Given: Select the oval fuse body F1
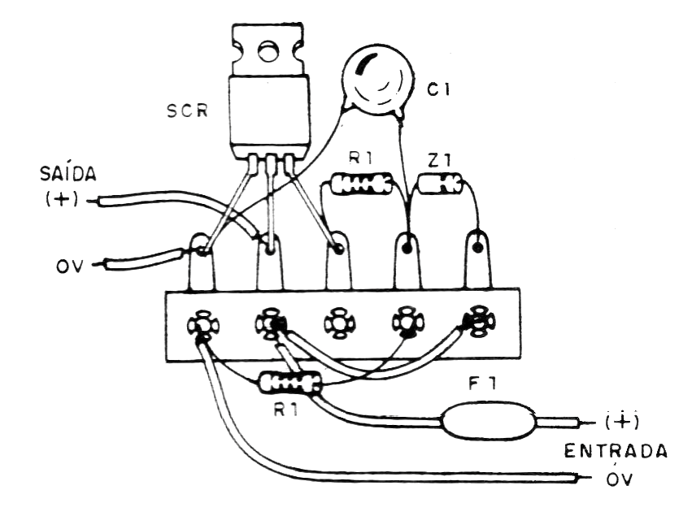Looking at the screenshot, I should [489, 421].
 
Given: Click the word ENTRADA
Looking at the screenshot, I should [617, 451].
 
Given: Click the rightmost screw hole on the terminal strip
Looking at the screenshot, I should [477, 323].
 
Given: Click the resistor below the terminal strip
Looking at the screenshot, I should [289, 382].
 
